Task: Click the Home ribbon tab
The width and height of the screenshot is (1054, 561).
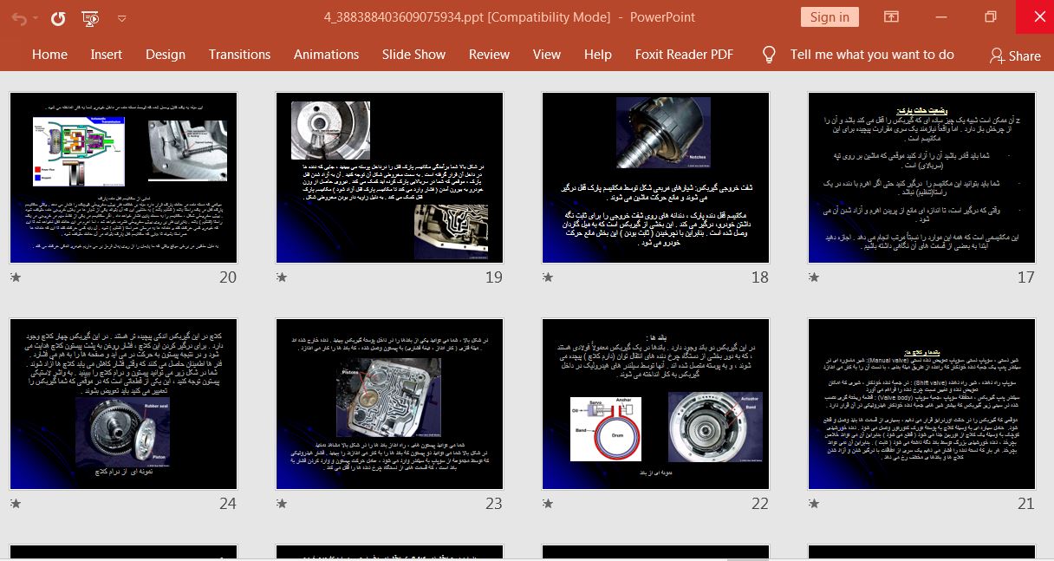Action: [49, 54]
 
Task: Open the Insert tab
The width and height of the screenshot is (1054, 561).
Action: [106, 54]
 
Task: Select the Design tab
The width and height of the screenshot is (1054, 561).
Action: [165, 54]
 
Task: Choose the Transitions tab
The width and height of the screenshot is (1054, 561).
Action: [239, 54]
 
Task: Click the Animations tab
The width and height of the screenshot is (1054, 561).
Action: [326, 54]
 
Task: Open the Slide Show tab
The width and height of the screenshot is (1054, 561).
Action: [413, 54]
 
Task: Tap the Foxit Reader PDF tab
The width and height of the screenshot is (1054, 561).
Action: [684, 54]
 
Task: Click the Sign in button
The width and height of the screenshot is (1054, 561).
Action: [830, 17]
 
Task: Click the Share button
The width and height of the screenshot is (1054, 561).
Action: [1015, 55]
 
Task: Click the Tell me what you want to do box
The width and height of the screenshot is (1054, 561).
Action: [871, 54]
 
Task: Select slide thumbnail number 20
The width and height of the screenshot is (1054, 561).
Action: [123, 178]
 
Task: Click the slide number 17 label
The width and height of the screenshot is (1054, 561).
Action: [1025, 277]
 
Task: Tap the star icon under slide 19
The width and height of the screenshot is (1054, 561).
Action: [282, 277]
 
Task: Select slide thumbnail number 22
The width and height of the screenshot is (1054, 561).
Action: [655, 404]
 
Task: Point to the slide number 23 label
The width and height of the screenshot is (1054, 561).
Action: [493, 504]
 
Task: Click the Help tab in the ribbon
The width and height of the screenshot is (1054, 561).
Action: [597, 54]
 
